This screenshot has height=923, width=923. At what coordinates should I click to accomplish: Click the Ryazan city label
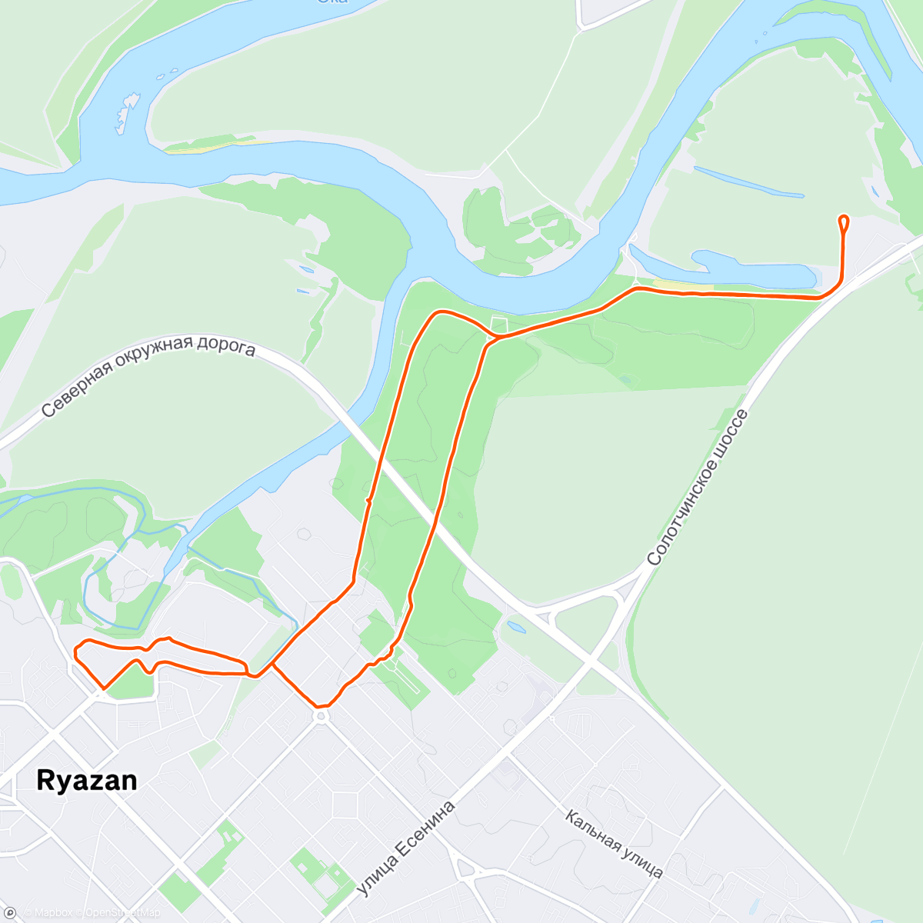87,781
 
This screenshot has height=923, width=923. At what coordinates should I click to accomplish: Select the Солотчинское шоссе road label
697,489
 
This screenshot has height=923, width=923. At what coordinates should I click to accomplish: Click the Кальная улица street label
614,844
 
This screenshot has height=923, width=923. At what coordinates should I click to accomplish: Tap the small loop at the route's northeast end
844,222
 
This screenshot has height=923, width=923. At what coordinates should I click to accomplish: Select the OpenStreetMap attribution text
122,913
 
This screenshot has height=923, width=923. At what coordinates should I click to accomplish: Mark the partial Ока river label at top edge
333,2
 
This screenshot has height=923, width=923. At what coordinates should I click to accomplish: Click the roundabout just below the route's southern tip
321,717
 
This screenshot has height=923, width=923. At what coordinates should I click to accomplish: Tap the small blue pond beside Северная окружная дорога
516,628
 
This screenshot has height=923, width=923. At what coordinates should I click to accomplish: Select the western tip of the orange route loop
75,652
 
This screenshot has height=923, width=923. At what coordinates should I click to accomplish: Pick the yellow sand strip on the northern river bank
208,145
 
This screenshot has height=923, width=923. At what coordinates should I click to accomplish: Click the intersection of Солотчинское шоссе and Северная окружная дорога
591,659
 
